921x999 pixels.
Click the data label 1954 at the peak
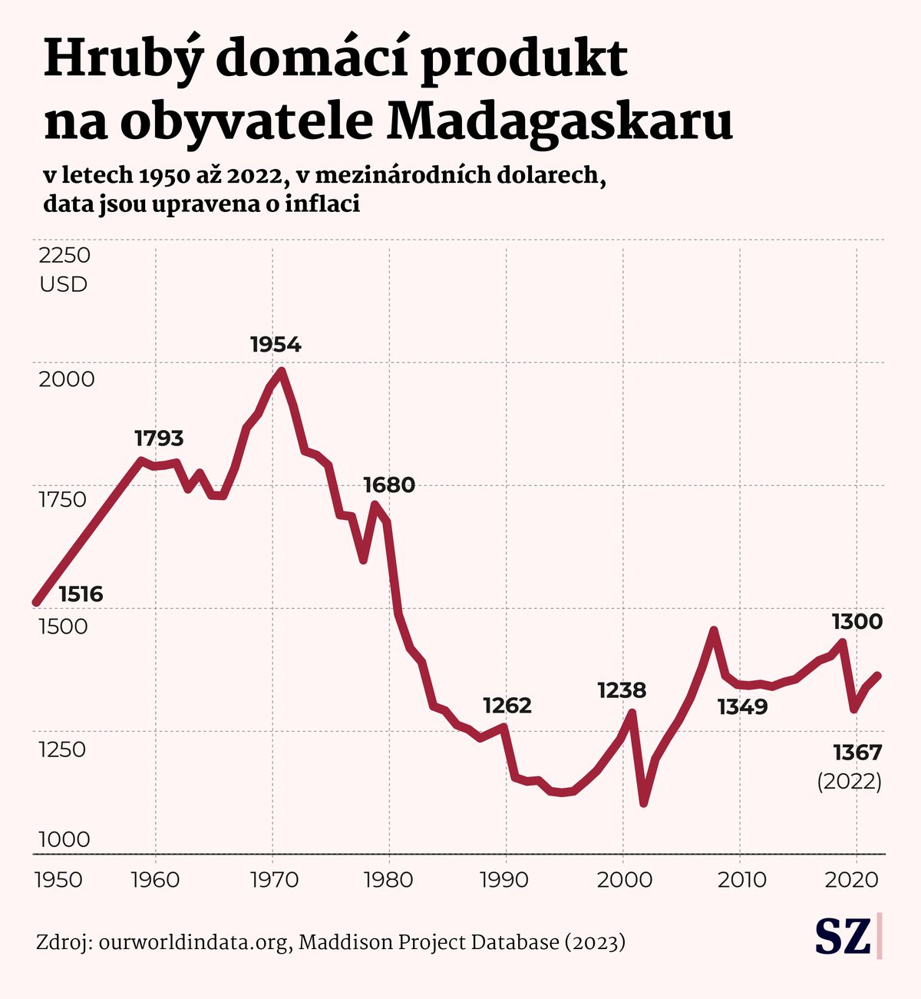[276, 345]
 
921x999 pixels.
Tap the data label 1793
[159, 438]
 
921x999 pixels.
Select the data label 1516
[81, 594]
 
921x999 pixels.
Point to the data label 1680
[389, 485]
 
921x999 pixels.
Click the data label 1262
[507, 705]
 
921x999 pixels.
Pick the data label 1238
[622, 690]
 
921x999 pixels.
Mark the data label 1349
[742, 706]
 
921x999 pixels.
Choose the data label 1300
[857, 621]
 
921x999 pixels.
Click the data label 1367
[857, 752]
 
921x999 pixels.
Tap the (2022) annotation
[849, 782]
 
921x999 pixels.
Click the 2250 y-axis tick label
[64, 255]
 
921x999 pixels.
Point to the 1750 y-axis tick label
[63, 500]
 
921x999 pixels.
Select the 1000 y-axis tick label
[64, 839]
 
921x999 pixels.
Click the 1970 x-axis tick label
[275, 879]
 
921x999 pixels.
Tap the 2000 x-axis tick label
[623, 879]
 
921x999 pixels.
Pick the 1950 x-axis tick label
[59, 879]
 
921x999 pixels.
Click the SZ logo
[843, 937]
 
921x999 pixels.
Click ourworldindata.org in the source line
[195, 942]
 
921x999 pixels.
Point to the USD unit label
[64, 285]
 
